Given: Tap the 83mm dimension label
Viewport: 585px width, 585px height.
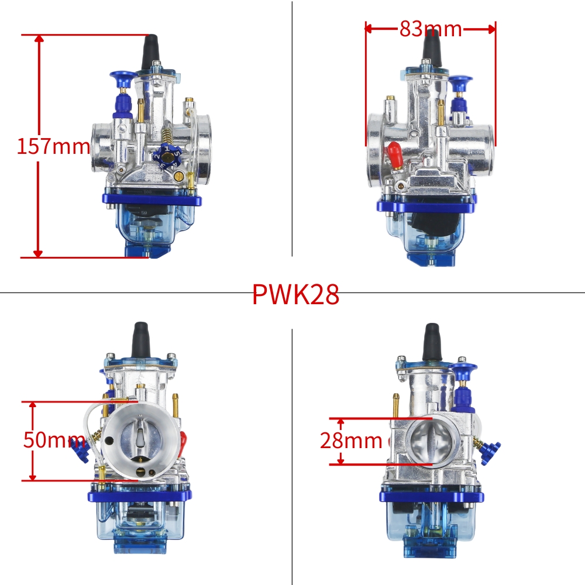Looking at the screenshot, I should pos(431,28).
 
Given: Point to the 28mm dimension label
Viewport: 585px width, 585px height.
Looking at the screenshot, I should pos(351,441).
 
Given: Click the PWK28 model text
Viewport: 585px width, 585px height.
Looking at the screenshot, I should pos(295,295).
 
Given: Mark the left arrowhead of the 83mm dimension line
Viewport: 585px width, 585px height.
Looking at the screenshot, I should pos(369,27).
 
